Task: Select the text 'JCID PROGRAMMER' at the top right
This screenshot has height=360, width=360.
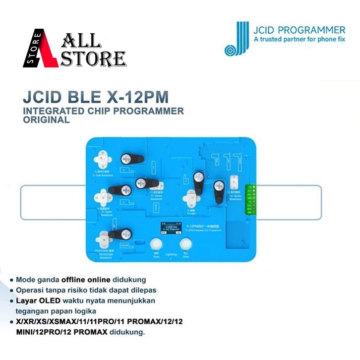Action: [299, 29]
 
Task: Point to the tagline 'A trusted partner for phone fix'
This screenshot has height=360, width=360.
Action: [299, 39]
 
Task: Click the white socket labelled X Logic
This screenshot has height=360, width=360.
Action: [190, 198]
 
